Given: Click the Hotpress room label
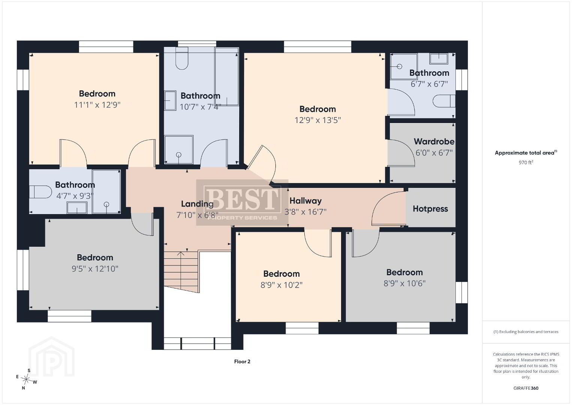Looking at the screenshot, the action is [x=430, y=209].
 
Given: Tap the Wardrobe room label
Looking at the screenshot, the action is [x=434, y=141].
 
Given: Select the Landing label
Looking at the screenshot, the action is [x=197, y=204].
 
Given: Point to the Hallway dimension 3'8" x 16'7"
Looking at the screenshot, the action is [x=305, y=212].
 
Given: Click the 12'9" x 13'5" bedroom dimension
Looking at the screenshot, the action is [x=317, y=120].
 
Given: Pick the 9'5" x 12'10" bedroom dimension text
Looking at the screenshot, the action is [x=95, y=268].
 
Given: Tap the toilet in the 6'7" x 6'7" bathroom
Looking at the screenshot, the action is [x=444, y=101].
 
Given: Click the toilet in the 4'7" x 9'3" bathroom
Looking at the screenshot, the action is [x=40, y=192].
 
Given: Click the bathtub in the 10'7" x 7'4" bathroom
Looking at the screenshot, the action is [x=227, y=76].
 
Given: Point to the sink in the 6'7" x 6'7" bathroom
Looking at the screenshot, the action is [x=439, y=58].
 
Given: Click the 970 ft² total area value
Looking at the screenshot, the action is [x=526, y=162].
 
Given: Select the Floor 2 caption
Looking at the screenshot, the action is [x=242, y=361].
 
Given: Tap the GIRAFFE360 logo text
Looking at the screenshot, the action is [x=526, y=388].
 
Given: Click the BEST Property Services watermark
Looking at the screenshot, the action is [x=242, y=202].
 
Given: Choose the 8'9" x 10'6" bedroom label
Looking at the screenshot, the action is [x=404, y=272].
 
